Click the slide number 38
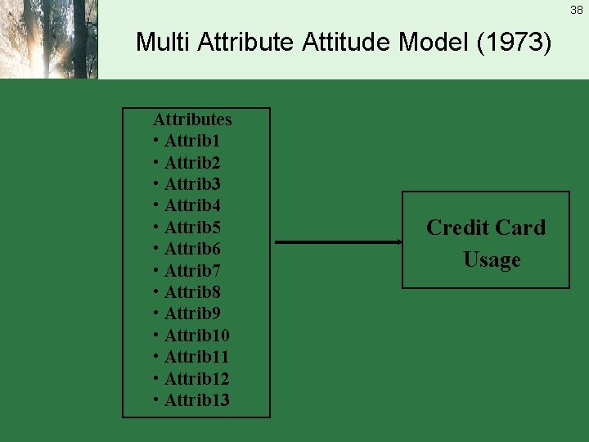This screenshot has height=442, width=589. pyautogui.click(x=577, y=10)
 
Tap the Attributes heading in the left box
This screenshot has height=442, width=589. pyautogui.click(x=192, y=120)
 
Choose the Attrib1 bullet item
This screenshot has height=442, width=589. pyautogui.click(x=192, y=141)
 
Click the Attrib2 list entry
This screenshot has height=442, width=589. pyautogui.click(x=192, y=163)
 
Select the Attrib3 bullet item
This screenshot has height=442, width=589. pyautogui.click(x=192, y=184)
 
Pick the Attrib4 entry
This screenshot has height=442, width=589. pyautogui.click(x=192, y=205)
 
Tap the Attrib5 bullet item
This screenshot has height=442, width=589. pyautogui.click(x=192, y=228)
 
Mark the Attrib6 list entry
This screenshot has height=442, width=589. pyautogui.click(x=192, y=249)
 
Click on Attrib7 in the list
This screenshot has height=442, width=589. pyautogui.click(x=192, y=271)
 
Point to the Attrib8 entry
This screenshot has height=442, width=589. pyautogui.click(x=192, y=292)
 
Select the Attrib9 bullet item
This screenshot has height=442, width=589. pyautogui.click(x=192, y=313)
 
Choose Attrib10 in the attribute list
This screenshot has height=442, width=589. pyautogui.click(x=196, y=336)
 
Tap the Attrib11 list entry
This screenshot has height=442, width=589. pyautogui.click(x=196, y=357)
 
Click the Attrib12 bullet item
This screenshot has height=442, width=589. pyautogui.click(x=196, y=379)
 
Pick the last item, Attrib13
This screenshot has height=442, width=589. pyautogui.click(x=196, y=400)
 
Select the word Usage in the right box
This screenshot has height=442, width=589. pyautogui.click(x=492, y=260)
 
